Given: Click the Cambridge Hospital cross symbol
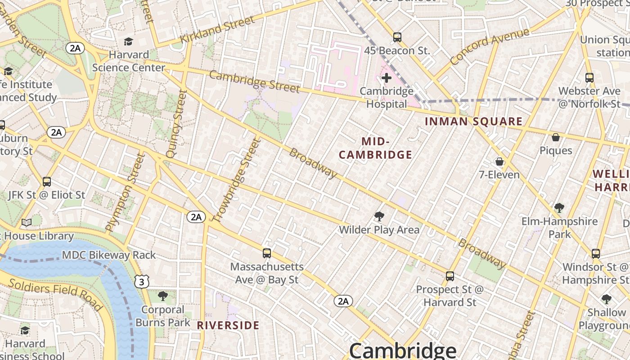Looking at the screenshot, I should [x=386, y=78].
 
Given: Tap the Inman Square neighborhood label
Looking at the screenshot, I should [x=474, y=121].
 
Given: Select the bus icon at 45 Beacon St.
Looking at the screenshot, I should [x=397, y=37].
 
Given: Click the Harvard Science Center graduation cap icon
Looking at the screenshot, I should [x=129, y=42].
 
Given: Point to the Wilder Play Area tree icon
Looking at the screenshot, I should [x=379, y=217].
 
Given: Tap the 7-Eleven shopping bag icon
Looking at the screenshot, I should [x=499, y=162].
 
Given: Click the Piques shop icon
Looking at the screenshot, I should [x=556, y=137].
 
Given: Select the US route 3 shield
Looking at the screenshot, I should [x=142, y=282].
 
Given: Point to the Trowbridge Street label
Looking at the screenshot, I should [x=237, y=180].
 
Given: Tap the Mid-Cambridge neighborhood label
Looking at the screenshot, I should [x=375, y=148].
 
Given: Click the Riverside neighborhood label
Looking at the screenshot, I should [x=228, y=325].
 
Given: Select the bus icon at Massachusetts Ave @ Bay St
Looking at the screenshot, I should [x=267, y=253].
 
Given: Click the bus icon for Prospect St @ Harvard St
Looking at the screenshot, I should [x=450, y=276].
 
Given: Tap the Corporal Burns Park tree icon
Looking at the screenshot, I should [x=163, y=296].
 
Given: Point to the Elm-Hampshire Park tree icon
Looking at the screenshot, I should [x=559, y=208].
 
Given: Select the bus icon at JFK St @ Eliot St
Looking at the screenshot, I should [x=46, y=182].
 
